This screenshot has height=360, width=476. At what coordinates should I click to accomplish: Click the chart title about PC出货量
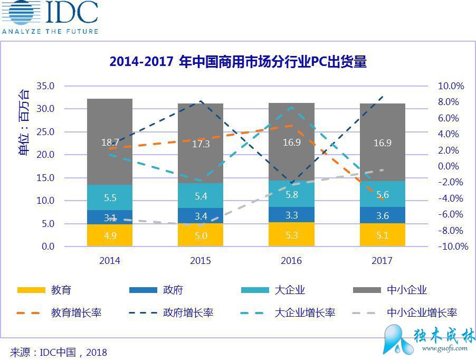click(238, 62)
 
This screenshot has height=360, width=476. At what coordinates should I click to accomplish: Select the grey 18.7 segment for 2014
click(110, 141)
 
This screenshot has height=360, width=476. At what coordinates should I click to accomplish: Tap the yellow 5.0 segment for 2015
click(201, 235)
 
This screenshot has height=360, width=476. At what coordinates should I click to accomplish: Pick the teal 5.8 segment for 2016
click(291, 194)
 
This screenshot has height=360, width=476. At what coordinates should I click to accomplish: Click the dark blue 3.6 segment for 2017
click(382, 215)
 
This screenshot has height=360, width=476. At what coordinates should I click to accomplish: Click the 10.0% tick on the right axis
click(451, 86)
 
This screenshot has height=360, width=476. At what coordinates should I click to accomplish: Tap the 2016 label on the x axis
click(291, 261)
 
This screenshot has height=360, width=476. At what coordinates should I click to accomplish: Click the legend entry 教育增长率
click(76, 312)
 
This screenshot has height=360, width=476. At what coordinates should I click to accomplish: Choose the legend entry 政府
click(173, 290)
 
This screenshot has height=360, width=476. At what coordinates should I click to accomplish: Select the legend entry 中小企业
click(407, 290)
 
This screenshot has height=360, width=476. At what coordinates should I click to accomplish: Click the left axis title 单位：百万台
click(24, 122)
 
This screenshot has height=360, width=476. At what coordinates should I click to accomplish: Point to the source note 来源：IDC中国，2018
click(58, 352)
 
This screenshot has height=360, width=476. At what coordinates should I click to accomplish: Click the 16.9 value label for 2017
click(382, 143)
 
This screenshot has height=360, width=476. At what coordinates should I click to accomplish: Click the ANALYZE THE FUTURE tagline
click(50, 32)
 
